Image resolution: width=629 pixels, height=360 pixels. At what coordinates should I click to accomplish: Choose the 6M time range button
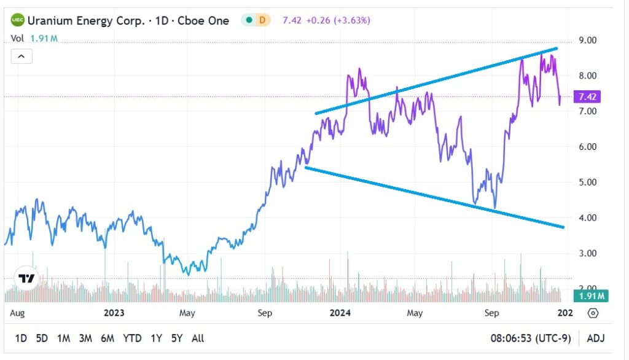point(107,338)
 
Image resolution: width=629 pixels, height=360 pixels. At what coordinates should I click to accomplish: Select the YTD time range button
point(132,338)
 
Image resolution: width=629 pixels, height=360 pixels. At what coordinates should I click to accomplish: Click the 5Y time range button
point(178,338)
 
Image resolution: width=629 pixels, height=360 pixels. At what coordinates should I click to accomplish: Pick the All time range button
point(198,338)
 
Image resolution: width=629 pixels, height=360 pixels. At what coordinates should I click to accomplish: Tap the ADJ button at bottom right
point(595,338)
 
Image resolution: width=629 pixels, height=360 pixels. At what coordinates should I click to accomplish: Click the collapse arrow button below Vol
point(21,57)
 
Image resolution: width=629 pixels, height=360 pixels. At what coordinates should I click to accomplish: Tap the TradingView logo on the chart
point(26,278)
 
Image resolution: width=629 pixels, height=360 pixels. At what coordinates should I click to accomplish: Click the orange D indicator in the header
point(262,20)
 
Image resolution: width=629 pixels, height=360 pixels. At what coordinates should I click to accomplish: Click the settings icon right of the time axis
point(593,313)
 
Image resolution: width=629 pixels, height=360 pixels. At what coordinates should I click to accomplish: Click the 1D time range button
point(21,338)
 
